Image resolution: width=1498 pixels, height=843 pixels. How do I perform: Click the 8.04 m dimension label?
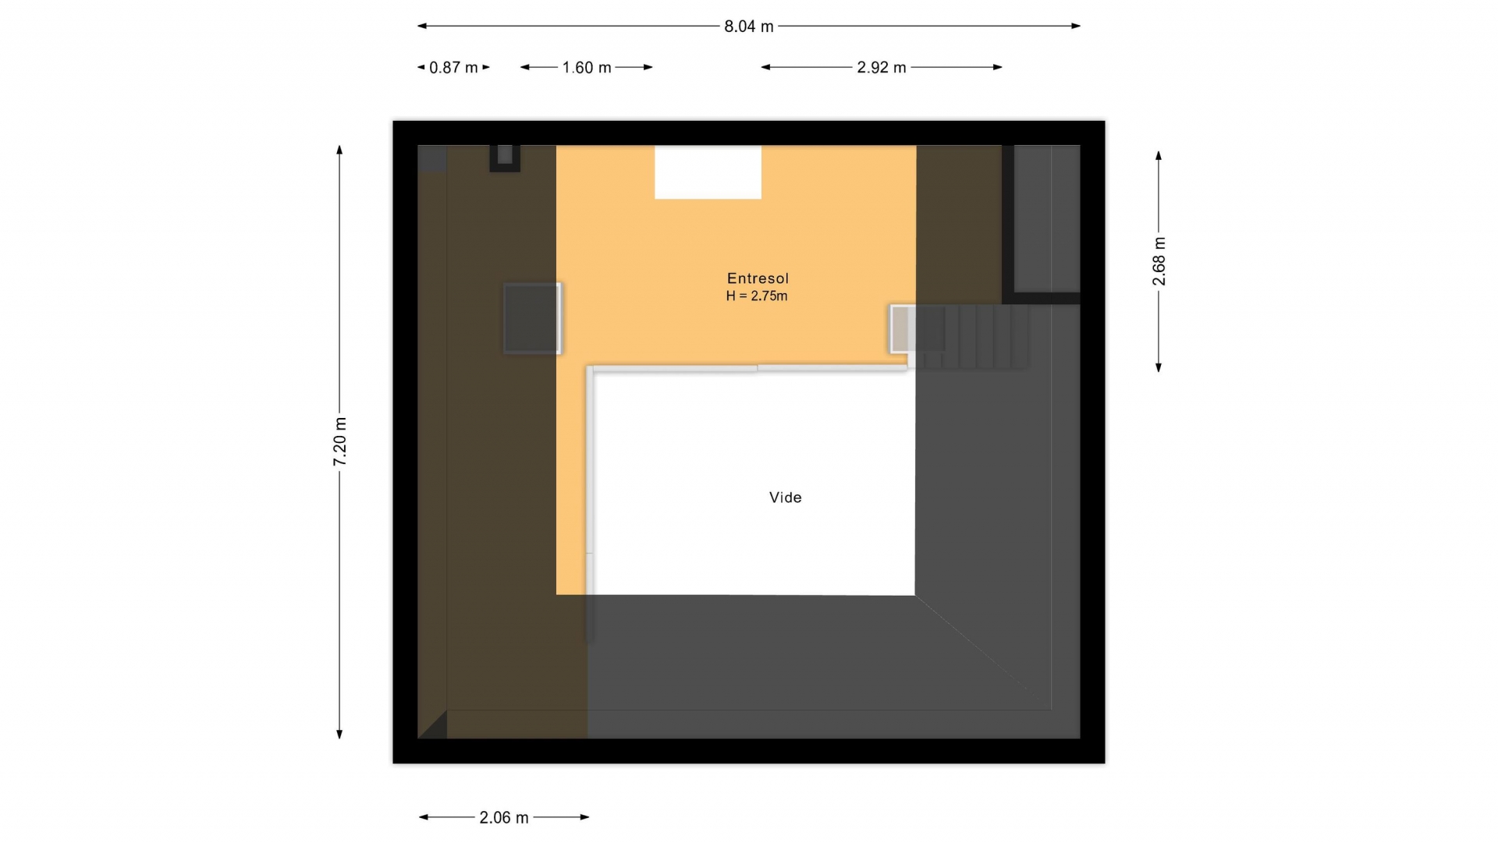coord(748,27)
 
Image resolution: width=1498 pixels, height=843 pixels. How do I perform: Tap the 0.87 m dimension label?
coord(453,68)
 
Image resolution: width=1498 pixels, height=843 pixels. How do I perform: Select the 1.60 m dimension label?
coord(587,68)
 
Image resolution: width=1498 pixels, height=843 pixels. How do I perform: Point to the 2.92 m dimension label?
coord(882,68)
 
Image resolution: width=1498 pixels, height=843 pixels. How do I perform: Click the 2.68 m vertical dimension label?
coord(1159,261)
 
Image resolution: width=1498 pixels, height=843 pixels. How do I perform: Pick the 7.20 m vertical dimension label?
coord(340,442)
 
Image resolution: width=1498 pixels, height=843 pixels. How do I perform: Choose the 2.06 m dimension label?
coord(504,818)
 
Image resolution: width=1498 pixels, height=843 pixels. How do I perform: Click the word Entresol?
coord(758,278)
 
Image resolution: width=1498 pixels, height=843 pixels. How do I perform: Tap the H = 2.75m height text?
coord(757,296)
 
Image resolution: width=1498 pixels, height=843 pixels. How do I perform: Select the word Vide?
coord(786,498)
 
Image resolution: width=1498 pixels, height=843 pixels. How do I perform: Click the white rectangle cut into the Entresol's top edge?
coord(708,172)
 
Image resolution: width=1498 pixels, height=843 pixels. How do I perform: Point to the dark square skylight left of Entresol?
coord(532,318)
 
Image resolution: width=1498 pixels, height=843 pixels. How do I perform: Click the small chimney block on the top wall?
coord(505,158)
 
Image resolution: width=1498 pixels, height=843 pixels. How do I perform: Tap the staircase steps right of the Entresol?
coord(968,336)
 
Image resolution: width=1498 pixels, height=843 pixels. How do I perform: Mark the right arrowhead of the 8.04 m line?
coord(1076,26)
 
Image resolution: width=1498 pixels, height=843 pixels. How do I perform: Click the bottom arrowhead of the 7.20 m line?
coord(339,734)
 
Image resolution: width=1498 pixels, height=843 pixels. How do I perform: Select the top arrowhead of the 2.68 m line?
coord(1159,156)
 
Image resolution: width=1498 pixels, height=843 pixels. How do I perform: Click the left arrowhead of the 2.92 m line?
coord(766,67)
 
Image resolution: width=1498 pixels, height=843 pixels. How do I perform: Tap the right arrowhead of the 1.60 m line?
coord(648,67)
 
